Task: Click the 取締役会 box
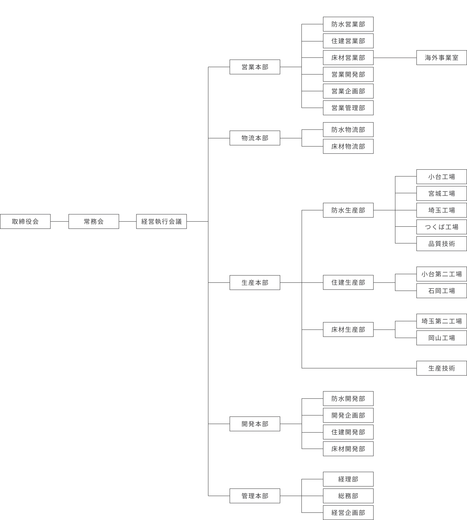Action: [x=25, y=221]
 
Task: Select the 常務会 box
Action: [x=94, y=221]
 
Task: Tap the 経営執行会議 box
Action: [x=161, y=221]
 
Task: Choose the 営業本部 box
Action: [x=255, y=67]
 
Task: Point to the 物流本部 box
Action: [x=255, y=138]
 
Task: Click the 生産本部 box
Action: [x=255, y=283]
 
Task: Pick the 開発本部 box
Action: [x=255, y=424]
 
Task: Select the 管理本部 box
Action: [x=255, y=496]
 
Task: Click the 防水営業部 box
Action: [x=348, y=24]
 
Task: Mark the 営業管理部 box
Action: [x=348, y=108]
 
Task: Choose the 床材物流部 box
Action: [x=348, y=146]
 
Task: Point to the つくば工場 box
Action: [x=441, y=227]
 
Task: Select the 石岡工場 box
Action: [x=441, y=291]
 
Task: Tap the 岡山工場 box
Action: [x=441, y=338]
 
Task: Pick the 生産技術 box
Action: [x=441, y=368]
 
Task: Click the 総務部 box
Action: [x=348, y=496]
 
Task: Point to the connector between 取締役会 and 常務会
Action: [x=60, y=221]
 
